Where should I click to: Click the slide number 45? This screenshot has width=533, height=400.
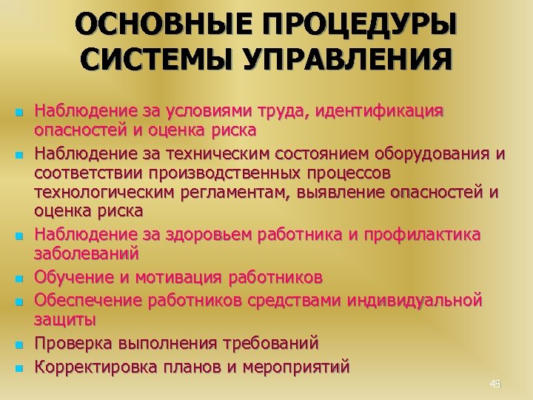(495, 384)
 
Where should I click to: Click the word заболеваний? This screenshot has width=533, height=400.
(87, 254)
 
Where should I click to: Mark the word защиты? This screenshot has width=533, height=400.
(65, 320)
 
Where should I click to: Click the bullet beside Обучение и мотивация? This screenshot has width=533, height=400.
(20, 279)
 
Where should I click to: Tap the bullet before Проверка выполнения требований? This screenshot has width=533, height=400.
(20, 344)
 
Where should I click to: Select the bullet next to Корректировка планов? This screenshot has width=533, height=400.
(20, 367)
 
